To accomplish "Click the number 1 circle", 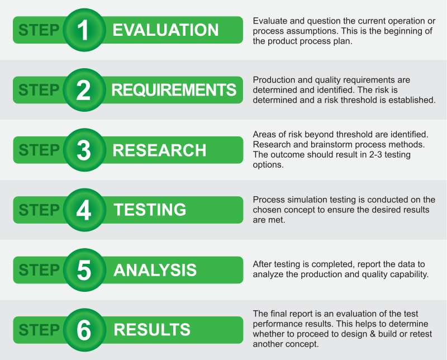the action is tap(84, 30).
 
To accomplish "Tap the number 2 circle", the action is tap(84, 90).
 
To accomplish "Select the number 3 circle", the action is tap(84, 150).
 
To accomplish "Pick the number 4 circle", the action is tap(84, 210).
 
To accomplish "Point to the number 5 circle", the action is tap(84, 270).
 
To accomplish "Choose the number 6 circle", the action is tap(84, 330).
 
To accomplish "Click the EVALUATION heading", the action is tap(165, 30).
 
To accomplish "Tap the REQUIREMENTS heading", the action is tap(174, 90).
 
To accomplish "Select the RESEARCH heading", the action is tap(159, 150).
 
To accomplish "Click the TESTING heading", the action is tap(150, 210).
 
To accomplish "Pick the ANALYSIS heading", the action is tap(155, 270).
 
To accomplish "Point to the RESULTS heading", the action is tap(152, 330).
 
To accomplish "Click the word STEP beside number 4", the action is tap(39, 210).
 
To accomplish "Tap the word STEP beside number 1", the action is tap(39, 30).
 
